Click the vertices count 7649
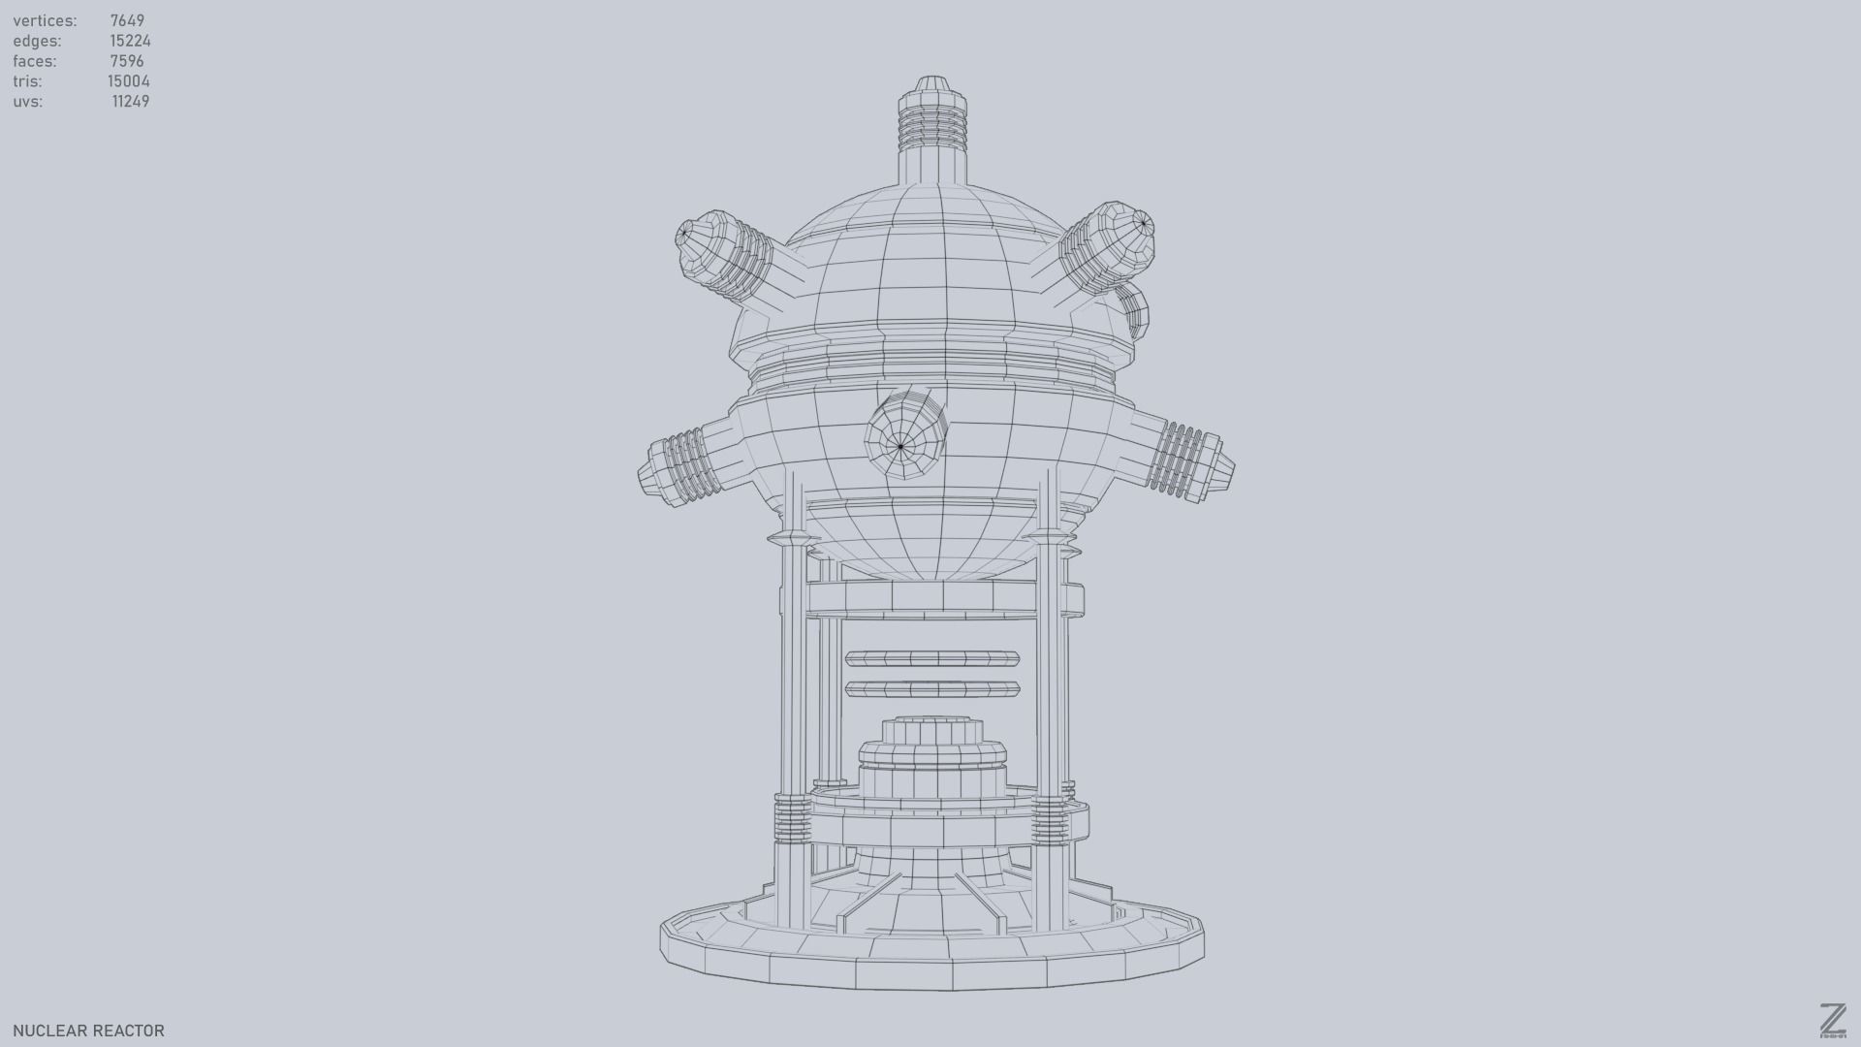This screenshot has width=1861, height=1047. point(127,20)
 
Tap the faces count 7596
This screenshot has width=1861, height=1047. point(127,61)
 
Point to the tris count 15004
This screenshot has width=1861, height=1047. point(129,81)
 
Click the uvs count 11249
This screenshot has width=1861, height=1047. point(130,102)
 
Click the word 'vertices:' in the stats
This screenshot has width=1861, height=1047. point(45,20)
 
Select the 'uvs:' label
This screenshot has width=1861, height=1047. point(28,102)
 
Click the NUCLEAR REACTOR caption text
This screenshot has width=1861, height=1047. point(88,1031)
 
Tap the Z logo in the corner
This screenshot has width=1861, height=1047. point(1832,1020)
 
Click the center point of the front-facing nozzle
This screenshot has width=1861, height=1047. point(900,447)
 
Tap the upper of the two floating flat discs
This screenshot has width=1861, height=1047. point(931,659)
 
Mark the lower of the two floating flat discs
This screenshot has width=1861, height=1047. point(931,689)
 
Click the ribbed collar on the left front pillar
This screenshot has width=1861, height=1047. point(792,818)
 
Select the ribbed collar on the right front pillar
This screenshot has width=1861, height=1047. point(1049,822)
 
